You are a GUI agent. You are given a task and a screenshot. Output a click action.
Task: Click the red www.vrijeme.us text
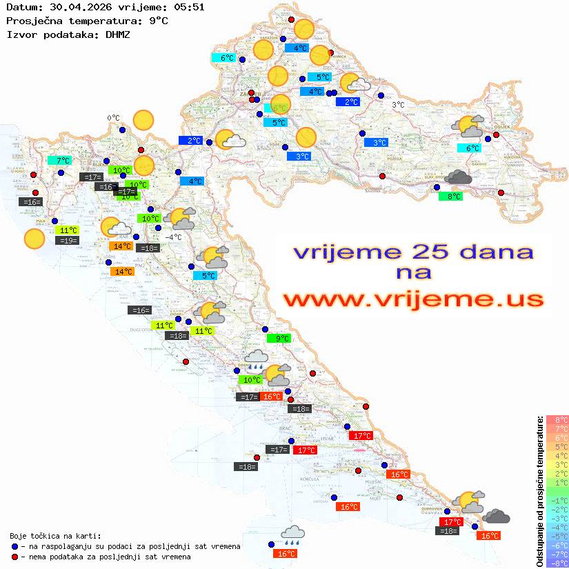[413, 299]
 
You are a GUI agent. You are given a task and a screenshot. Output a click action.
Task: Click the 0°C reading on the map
[113, 118]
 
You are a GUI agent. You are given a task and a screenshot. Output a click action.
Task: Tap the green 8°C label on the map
[450, 197]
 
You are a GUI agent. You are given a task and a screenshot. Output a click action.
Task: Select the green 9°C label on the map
[279, 339]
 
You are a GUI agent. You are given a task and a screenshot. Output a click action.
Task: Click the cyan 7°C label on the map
[59, 161]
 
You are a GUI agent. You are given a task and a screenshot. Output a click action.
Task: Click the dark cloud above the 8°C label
[458, 178]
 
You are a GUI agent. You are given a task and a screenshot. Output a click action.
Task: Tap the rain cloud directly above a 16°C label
[293, 535]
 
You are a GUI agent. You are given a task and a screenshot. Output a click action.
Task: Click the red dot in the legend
[15, 557]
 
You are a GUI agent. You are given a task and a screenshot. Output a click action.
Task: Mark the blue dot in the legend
[15, 546]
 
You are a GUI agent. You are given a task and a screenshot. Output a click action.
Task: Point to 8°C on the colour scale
[557, 420]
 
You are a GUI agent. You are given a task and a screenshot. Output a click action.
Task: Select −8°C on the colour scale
[557, 563]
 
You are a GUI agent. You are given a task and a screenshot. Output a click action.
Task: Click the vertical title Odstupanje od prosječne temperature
[539, 491]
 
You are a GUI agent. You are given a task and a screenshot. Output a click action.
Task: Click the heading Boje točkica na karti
[55, 535]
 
